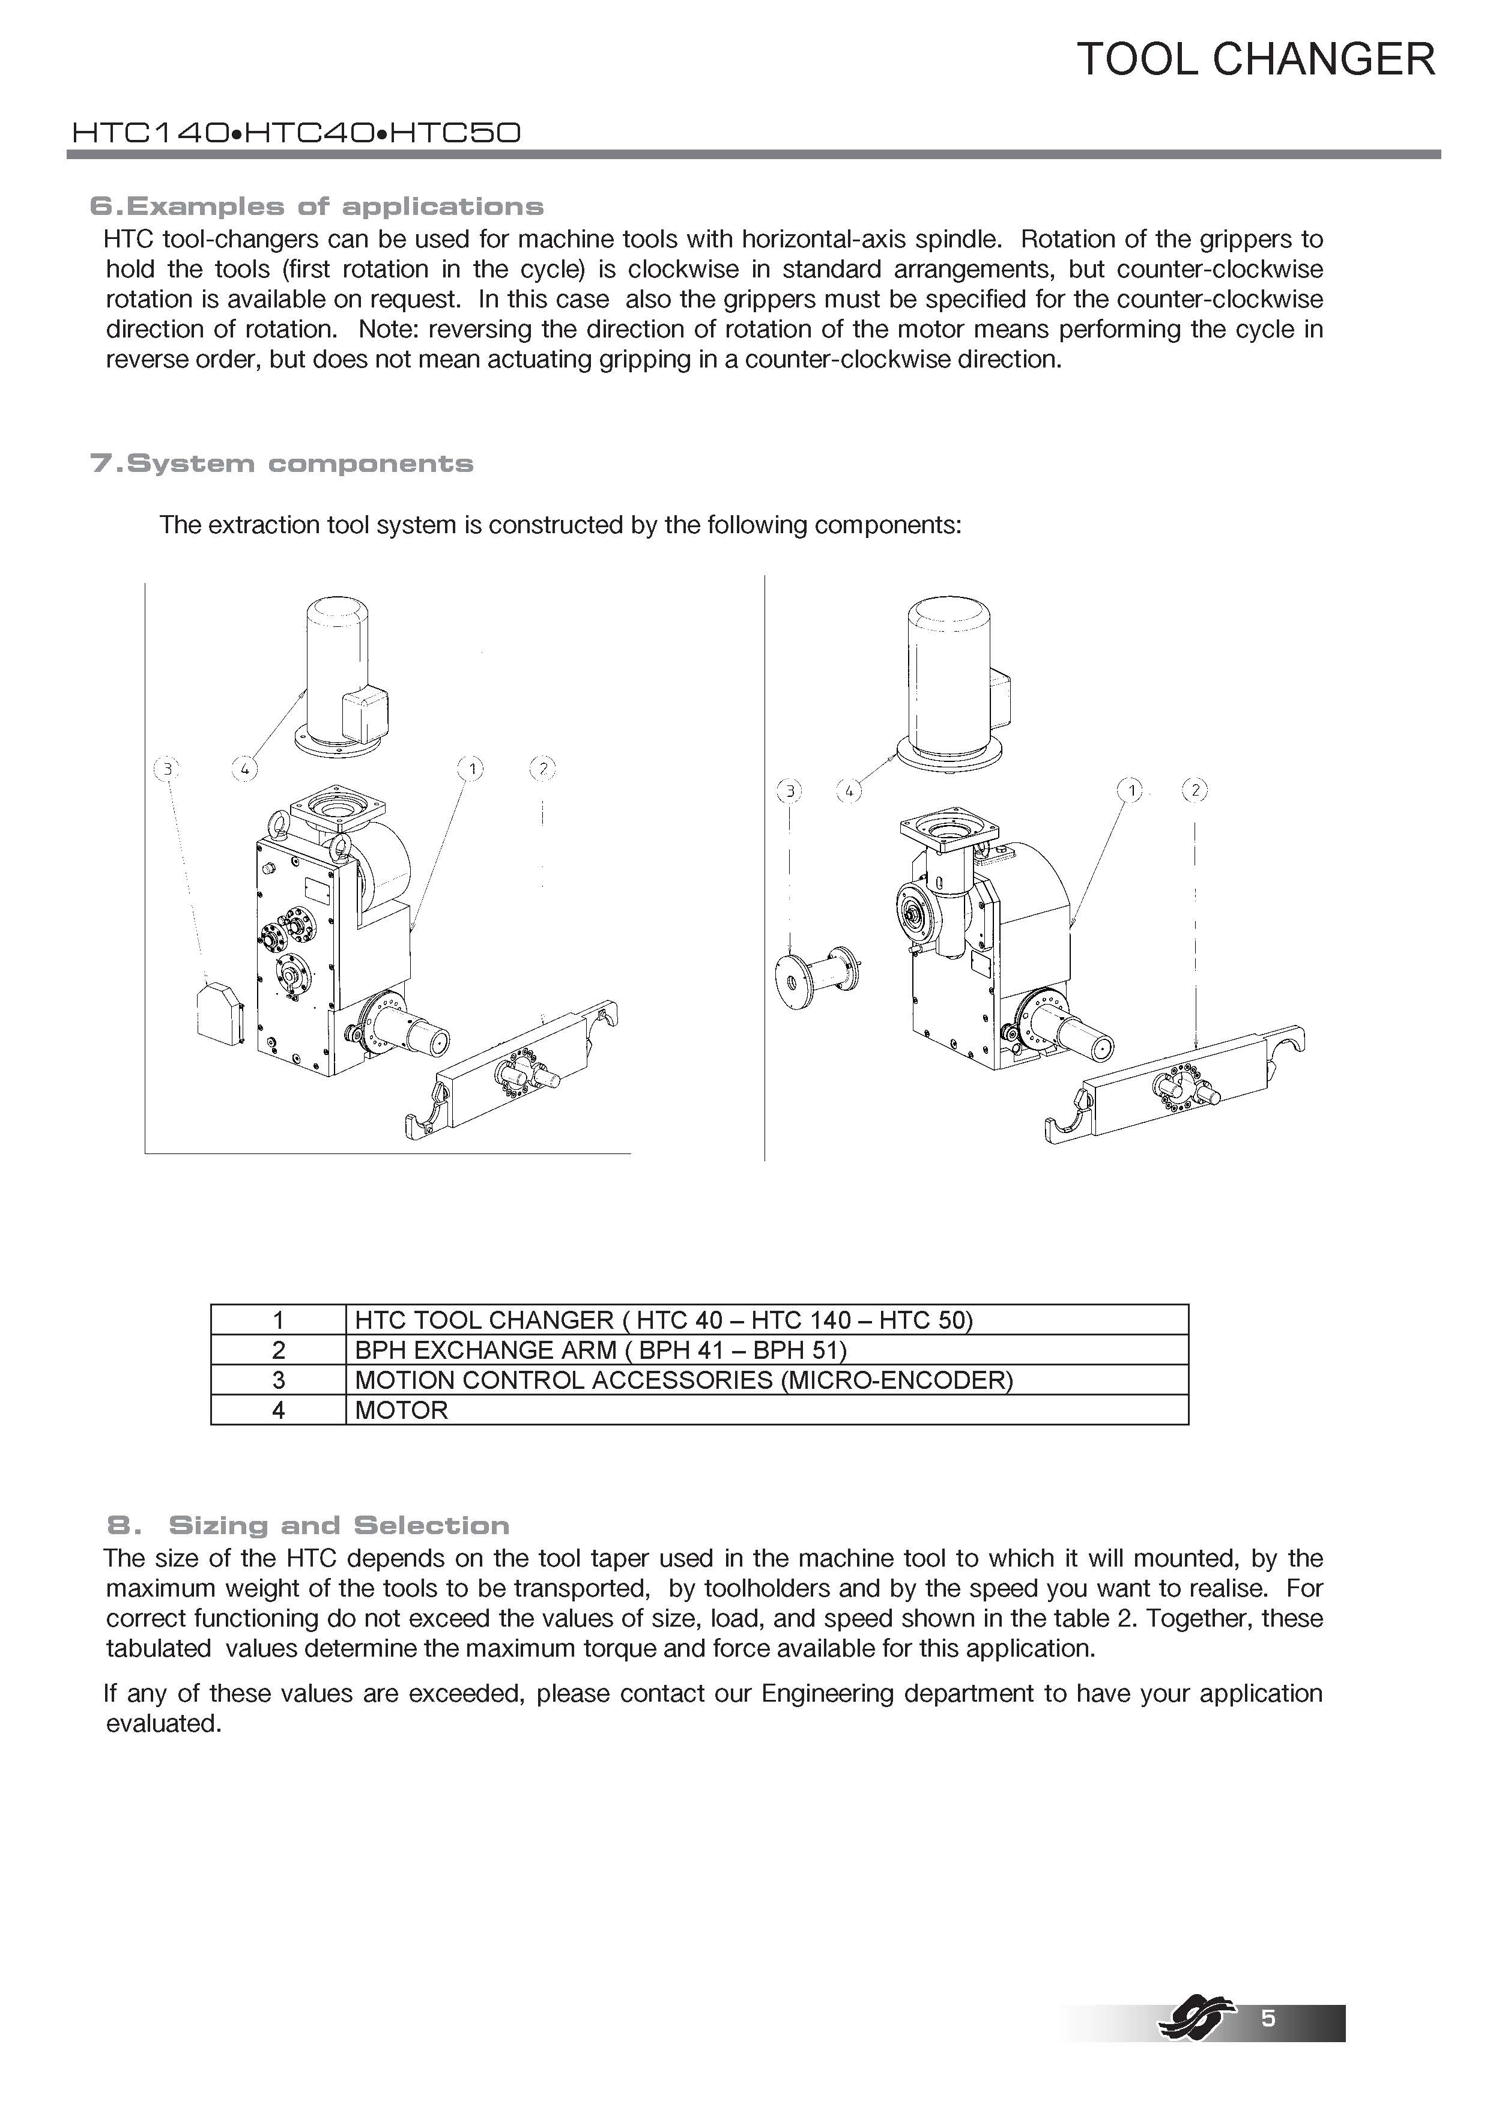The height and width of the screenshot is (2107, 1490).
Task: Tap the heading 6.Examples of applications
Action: click(316, 207)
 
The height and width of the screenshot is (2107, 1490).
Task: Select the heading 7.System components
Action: click(282, 464)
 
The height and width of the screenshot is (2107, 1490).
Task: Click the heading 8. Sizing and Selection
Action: click(309, 1525)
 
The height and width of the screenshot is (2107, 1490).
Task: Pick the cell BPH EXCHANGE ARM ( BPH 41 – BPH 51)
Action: click(601, 1350)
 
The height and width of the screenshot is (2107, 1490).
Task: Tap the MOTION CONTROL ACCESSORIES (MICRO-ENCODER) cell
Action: click(683, 1380)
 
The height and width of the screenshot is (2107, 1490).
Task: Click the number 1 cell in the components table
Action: click(278, 1320)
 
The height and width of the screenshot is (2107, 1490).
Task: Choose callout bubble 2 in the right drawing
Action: click(1195, 789)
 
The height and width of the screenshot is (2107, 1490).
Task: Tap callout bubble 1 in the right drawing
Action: click(1131, 789)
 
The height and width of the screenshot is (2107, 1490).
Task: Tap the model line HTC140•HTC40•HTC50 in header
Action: click(295, 134)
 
